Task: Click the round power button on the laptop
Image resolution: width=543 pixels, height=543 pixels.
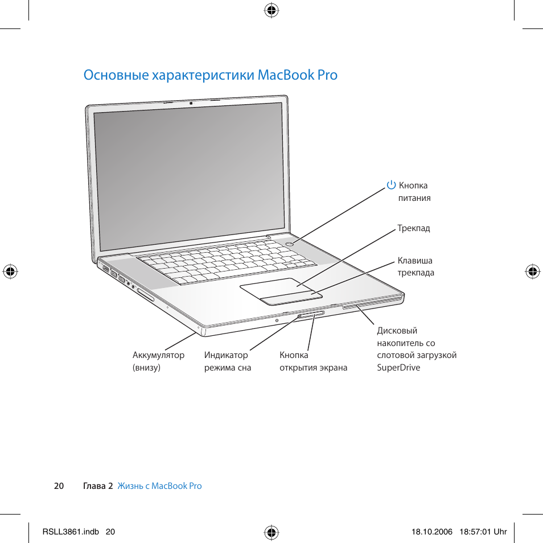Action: (290, 243)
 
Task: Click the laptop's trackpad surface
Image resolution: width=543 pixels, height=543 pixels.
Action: (273, 287)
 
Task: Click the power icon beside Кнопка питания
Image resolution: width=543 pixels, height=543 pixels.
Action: (391, 185)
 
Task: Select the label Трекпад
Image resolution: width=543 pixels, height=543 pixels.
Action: (414, 228)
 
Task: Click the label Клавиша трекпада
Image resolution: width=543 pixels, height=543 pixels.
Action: (416, 266)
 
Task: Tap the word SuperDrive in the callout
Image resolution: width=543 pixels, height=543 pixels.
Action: (398, 368)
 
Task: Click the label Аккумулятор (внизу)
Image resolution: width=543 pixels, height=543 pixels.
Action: (158, 361)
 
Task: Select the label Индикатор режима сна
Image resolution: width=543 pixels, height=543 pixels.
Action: (228, 361)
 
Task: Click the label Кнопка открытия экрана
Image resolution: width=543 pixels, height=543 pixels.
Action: (313, 361)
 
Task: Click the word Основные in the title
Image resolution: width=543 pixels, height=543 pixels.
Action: (116, 75)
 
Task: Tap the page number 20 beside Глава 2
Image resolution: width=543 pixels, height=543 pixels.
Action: (59, 486)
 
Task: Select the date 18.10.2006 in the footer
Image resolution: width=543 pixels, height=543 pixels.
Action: (431, 532)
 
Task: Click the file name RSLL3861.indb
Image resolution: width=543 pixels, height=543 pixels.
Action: (71, 532)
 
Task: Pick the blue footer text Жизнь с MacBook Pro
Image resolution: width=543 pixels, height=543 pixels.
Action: (159, 486)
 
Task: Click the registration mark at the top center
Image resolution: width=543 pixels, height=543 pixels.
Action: (271, 10)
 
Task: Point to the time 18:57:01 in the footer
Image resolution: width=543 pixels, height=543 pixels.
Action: (475, 532)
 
